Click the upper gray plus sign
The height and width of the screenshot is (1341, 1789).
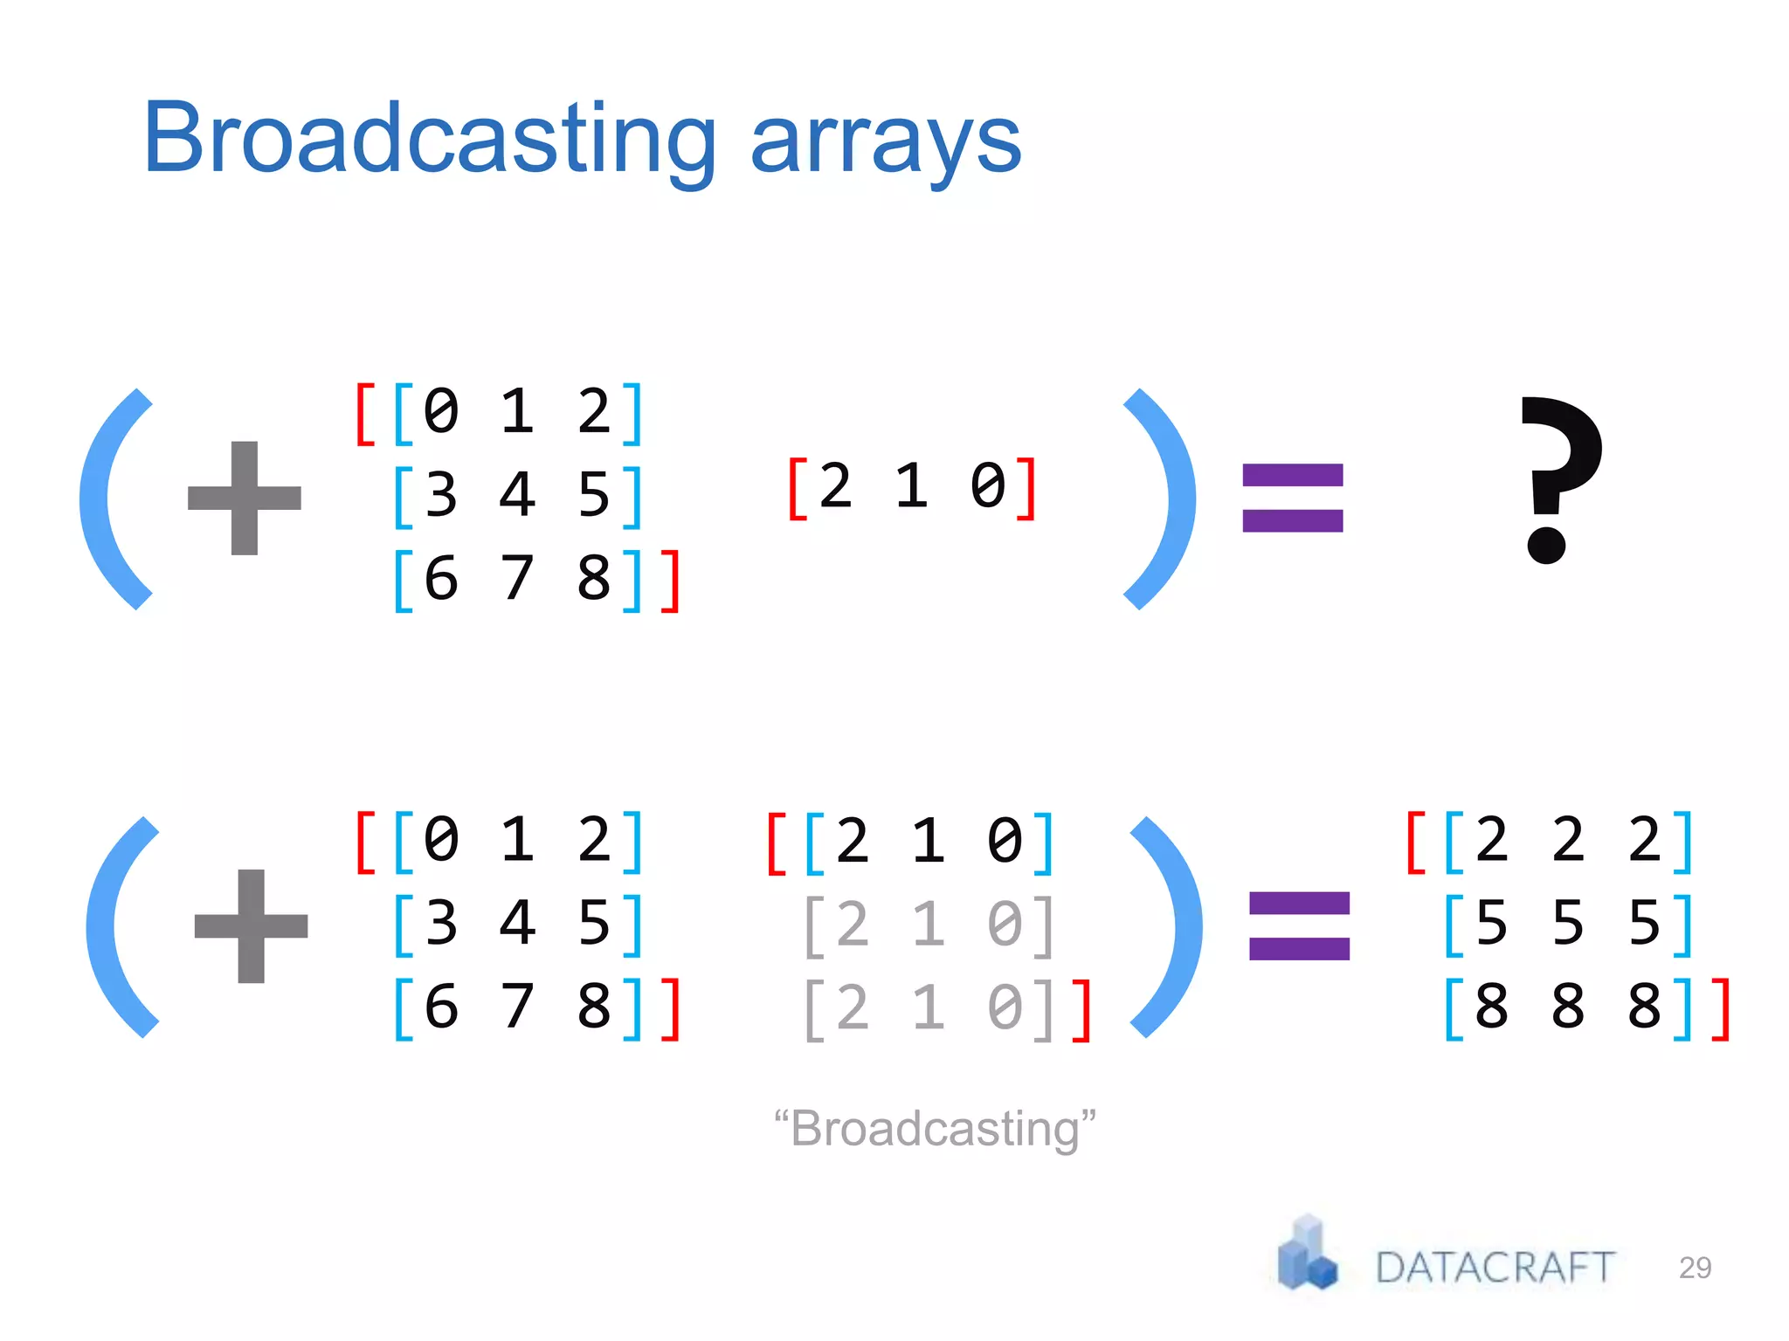pyautogui.click(x=245, y=498)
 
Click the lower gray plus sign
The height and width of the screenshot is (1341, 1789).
pyautogui.click(x=251, y=925)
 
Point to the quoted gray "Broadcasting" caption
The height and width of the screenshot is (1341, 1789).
pyautogui.click(x=935, y=1128)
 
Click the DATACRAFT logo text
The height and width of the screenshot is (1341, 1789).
pyautogui.click(x=1495, y=1267)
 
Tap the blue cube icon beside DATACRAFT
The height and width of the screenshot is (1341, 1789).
pyautogui.click(x=1307, y=1255)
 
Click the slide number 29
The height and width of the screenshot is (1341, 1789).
pyautogui.click(x=1695, y=1267)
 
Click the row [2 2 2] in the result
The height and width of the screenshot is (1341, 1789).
pyautogui.click(x=1568, y=841)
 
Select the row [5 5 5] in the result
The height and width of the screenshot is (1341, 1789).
pyautogui.click(x=1568, y=924)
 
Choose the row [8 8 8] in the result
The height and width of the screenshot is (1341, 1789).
pyautogui.click(x=1568, y=1007)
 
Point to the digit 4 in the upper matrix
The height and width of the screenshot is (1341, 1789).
pyautogui.click(x=517, y=495)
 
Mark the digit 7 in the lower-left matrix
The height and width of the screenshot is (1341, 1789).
pyautogui.click(x=517, y=1007)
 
